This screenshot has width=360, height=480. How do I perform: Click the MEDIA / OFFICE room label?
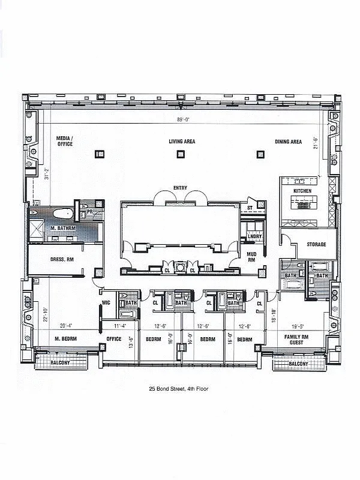[x=65, y=141]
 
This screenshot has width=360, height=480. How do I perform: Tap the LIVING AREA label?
[x=182, y=142]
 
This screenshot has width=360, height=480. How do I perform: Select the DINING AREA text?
[x=288, y=142]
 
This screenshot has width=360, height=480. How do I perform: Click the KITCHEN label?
[x=302, y=191]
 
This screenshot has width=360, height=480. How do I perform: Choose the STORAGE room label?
[x=316, y=244]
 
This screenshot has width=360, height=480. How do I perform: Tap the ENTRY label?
[x=180, y=188]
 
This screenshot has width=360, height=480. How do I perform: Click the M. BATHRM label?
[x=62, y=229]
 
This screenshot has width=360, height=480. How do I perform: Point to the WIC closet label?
[x=106, y=302]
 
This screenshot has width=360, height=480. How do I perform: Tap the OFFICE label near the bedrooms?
[x=113, y=339]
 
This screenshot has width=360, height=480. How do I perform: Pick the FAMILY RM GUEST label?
[x=296, y=340]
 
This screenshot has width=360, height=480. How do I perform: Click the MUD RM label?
[x=251, y=257]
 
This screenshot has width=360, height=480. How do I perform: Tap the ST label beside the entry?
[x=250, y=208]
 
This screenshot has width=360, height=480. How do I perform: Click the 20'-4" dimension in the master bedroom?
[x=67, y=326]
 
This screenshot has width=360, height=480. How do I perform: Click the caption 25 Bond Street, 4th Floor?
[x=179, y=389]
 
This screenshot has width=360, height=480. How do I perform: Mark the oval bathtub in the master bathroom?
[x=62, y=214]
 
